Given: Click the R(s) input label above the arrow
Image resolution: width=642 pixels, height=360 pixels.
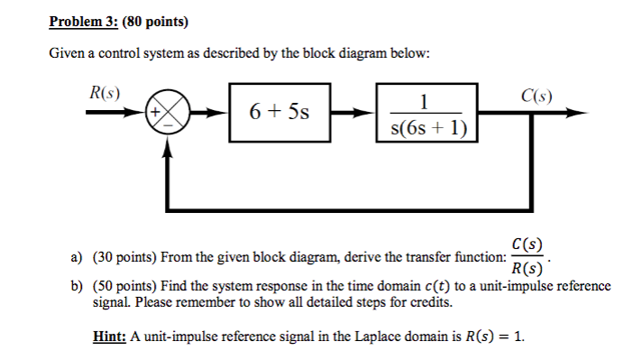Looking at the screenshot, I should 106,94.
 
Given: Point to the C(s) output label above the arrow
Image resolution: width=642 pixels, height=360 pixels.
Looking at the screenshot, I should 537,95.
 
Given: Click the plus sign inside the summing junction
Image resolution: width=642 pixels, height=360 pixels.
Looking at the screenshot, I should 158,114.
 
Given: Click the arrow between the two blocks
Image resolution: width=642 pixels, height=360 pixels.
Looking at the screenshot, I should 355,115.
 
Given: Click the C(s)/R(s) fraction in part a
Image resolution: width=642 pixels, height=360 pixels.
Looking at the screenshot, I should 527,256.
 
